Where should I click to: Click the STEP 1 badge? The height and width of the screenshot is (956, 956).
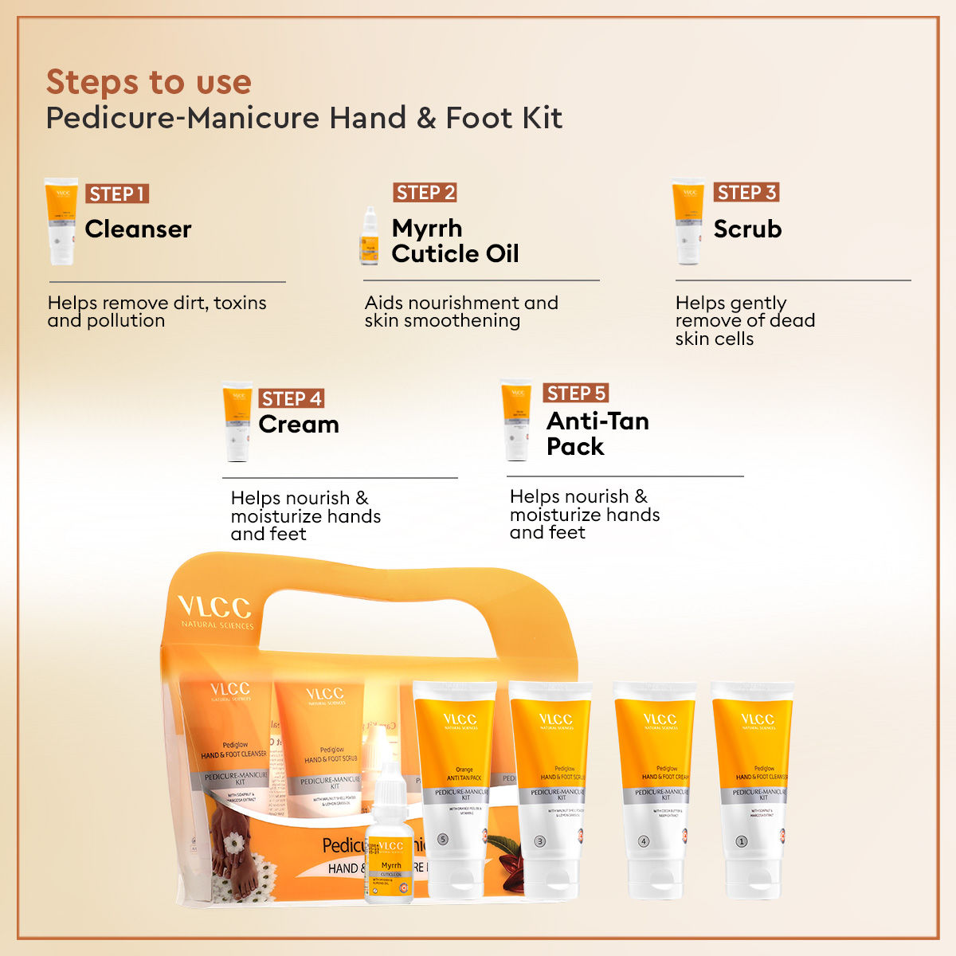click(x=117, y=194)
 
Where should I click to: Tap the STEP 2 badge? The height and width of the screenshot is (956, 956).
click(x=425, y=193)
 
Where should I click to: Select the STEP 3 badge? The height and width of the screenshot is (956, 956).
click(x=746, y=192)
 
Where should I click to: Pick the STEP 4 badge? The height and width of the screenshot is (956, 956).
click(x=292, y=398)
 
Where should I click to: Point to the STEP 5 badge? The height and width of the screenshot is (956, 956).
click(x=576, y=393)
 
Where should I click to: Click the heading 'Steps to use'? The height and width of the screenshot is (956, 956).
click(x=149, y=82)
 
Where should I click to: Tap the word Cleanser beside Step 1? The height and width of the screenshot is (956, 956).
click(x=138, y=229)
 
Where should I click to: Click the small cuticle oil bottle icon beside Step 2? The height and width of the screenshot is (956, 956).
click(x=369, y=237)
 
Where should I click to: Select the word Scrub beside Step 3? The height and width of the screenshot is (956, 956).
click(x=747, y=229)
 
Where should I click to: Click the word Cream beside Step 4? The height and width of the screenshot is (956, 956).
click(x=299, y=425)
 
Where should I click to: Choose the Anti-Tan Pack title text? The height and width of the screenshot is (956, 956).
click(x=597, y=433)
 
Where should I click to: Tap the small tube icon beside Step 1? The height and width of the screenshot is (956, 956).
click(x=61, y=221)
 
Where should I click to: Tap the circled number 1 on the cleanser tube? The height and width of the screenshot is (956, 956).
click(x=741, y=841)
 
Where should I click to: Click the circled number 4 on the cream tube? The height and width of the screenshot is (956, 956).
click(x=644, y=841)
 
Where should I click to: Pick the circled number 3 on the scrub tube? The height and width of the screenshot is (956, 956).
click(x=540, y=841)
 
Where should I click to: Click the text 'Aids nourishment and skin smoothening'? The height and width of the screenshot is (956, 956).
click(x=461, y=311)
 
